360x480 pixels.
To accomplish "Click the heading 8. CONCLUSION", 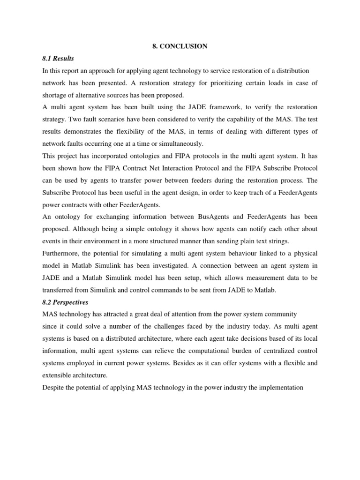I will pos(180,46).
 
